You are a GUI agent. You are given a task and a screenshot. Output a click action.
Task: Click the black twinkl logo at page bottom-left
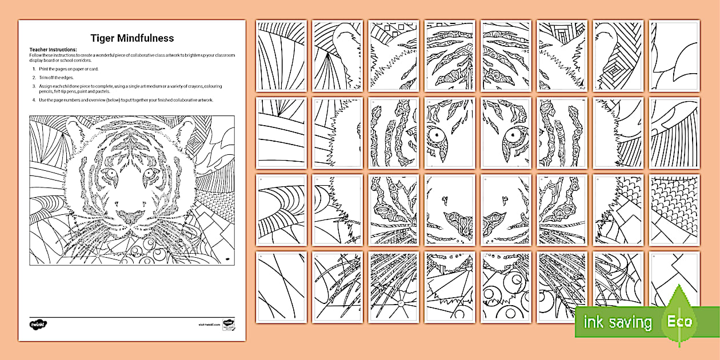(38, 324)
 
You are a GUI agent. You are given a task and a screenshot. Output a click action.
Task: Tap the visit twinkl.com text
(210, 324)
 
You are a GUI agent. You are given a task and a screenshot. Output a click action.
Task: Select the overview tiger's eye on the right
(150, 173)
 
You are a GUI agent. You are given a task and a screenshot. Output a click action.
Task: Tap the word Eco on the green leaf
(680, 321)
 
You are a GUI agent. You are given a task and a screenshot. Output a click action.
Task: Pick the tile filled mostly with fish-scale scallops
(674, 197)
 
